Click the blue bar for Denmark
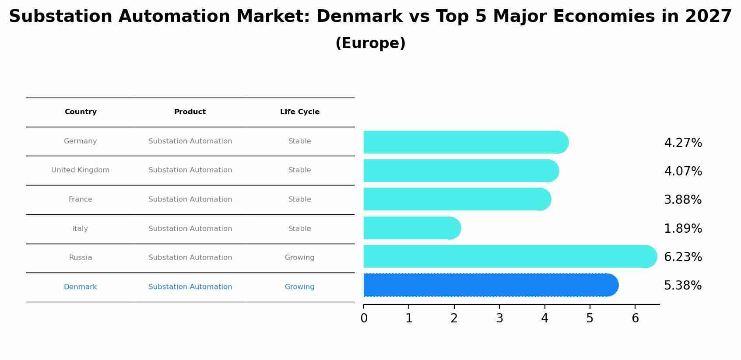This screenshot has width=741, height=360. pyautogui.click(x=490, y=285)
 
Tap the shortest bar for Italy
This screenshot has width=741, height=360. pyautogui.click(x=411, y=228)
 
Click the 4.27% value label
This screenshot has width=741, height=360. pyautogui.click(x=683, y=143)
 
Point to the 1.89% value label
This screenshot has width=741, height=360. pyautogui.click(x=683, y=229)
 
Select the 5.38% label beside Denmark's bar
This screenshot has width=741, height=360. pyautogui.click(x=683, y=286)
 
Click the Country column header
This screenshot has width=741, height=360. pyautogui.click(x=81, y=112)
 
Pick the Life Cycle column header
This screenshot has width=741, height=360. pyautogui.click(x=300, y=112)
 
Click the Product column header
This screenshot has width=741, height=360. pyautogui.click(x=190, y=112)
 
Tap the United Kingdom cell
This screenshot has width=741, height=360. pyautogui.click(x=81, y=170)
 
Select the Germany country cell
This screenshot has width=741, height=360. pyautogui.click(x=81, y=141)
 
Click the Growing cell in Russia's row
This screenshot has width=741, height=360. pyautogui.click(x=300, y=258)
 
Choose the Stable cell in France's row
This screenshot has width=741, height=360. pyautogui.click(x=300, y=199)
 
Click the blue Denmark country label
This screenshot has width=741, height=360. pyautogui.click(x=81, y=287)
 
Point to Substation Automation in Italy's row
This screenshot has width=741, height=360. pyautogui.click(x=190, y=229)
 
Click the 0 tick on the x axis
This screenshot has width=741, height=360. pyautogui.click(x=364, y=318)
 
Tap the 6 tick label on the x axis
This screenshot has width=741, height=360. pyautogui.click(x=635, y=318)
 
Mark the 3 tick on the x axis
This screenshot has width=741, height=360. pyautogui.click(x=499, y=318)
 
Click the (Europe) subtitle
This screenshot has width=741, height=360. pyautogui.click(x=370, y=43)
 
